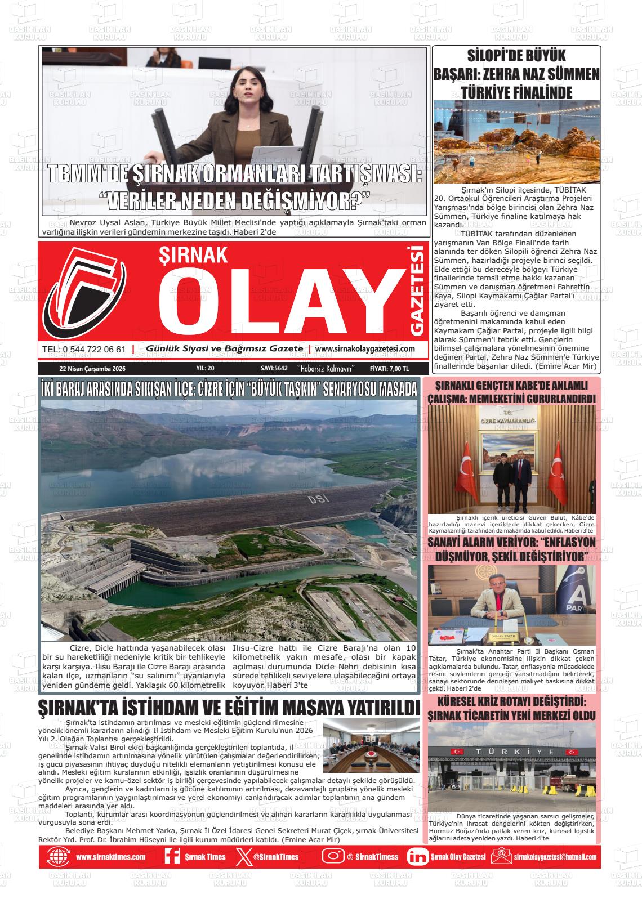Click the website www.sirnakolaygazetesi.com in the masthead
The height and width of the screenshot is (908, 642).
[x=365, y=349]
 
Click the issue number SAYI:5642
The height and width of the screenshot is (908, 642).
[x=274, y=369]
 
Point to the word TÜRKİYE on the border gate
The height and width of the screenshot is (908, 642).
[x=512, y=752]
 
